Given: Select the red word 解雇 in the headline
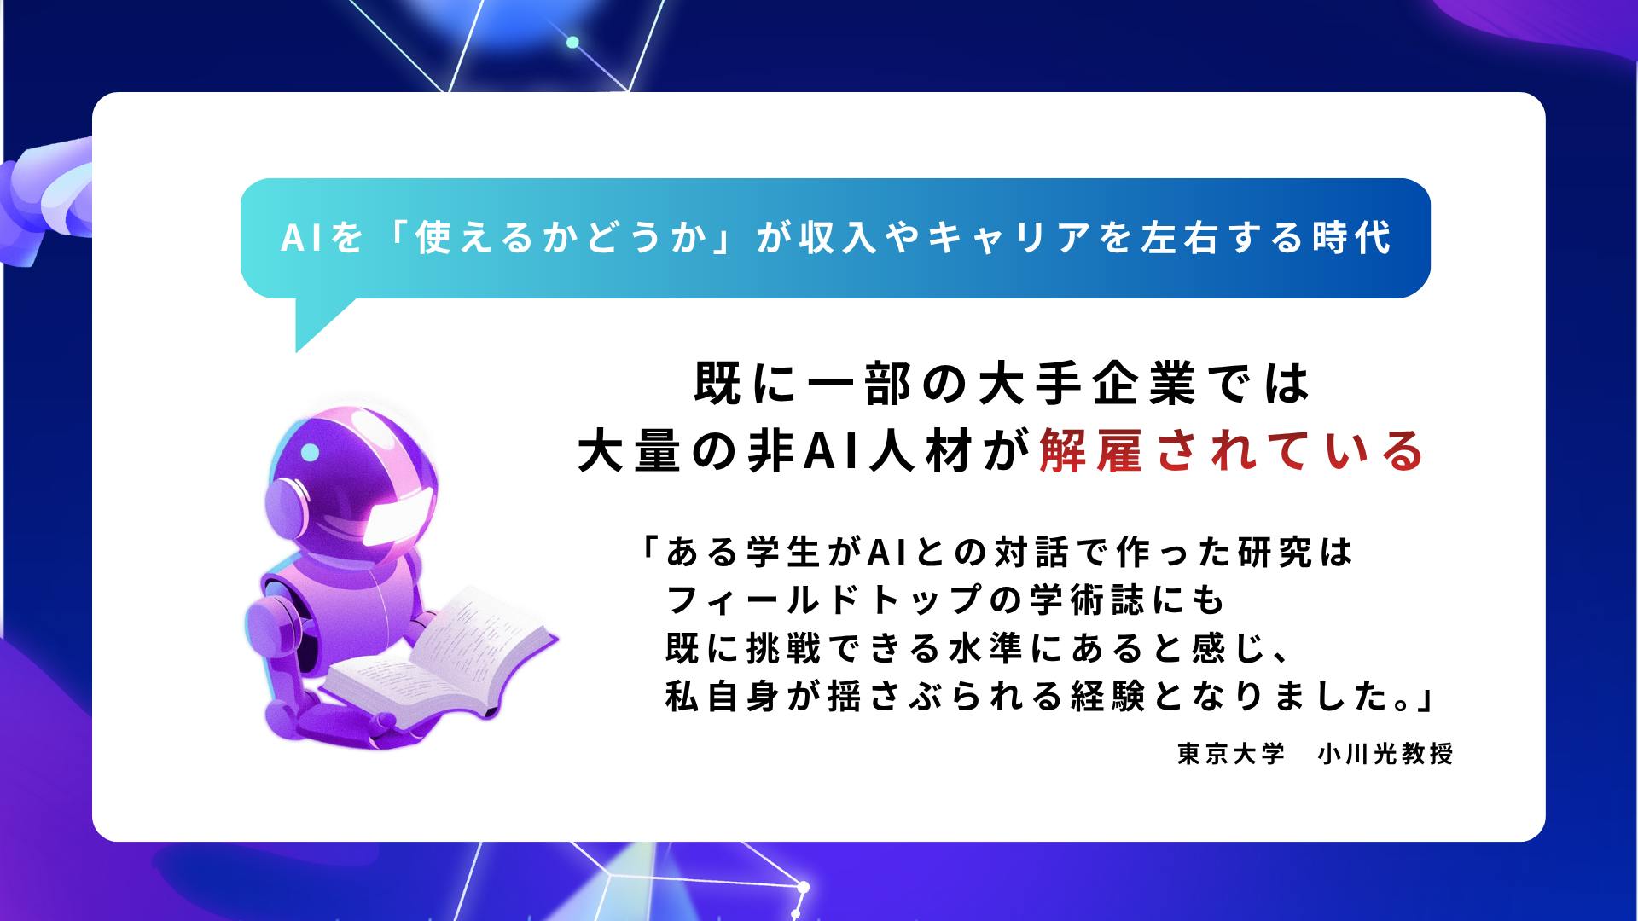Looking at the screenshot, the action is pyautogui.click(x=1090, y=451).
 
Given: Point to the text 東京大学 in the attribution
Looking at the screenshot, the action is pyautogui.click(x=1231, y=754).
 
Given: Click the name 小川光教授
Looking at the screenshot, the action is pyautogui.click(x=1385, y=754).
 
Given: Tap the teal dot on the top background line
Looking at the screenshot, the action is pyautogui.click(x=572, y=42).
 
